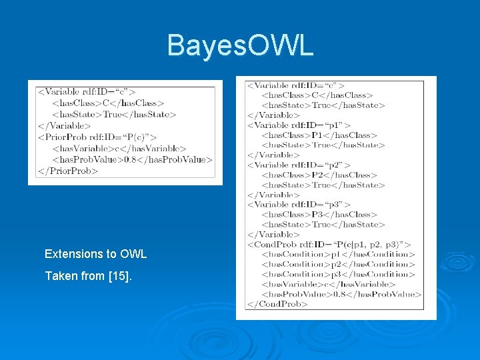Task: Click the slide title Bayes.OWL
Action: pyautogui.click(x=240, y=46)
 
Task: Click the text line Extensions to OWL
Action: pyautogui.click(x=95, y=254)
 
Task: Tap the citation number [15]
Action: pyautogui.click(x=119, y=275)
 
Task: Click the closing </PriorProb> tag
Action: pyautogui.click(x=68, y=171)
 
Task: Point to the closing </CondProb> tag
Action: pyautogui.click(x=277, y=304)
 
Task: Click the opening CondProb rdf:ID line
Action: pyautogui.click(x=329, y=245)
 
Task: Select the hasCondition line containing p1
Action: pyautogui.click(x=338, y=254)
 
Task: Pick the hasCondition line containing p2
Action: pyautogui.click(x=338, y=264)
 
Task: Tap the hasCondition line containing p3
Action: pyautogui.click(x=338, y=274)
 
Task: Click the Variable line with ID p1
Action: pyautogui.click(x=299, y=125)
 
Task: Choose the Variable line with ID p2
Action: pyautogui.click(x=299, y=165)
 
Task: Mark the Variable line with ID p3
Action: pyautogui.click(x=299, y=205)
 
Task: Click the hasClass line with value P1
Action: pyautogui.click(x=319, y=135)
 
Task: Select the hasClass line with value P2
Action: pyautogui.click(x=319, y=175)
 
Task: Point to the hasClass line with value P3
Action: pyautogui.click(x=319, y=215)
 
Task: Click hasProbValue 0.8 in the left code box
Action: pyautogui.click(x=132, y=159)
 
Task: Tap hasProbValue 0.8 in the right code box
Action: pyautogui.click(x=341, y=294)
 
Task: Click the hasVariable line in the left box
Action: pyautogui.click(x=119, y=148)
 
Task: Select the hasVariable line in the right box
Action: pyautogui.click(x=329, y=284)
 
